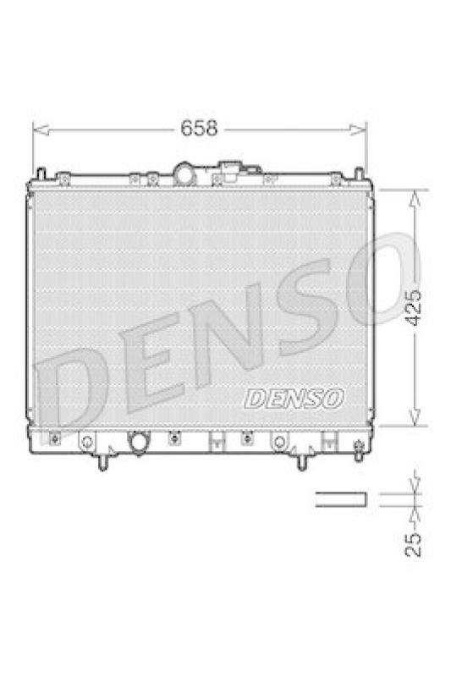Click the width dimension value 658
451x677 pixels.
[200, 129]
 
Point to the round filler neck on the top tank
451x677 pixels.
[185, 173]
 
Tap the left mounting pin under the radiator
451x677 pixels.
[102, 461]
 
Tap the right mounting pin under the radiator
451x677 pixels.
[301, 461]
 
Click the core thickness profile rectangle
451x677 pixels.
[340, 499]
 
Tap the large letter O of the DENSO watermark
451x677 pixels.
[377, 283]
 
